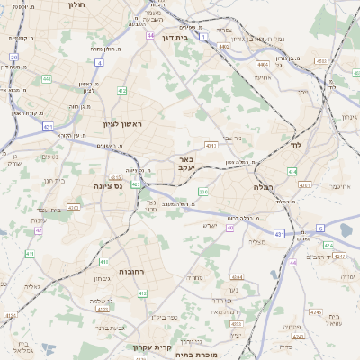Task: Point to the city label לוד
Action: pos(296,143)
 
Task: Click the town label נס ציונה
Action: pos(107,185)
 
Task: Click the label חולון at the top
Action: pos(77,4)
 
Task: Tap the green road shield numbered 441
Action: pos(46,79)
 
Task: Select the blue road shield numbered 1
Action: pos(204,36)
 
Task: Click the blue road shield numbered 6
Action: pos(319,229)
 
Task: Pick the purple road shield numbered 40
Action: pos(230,228)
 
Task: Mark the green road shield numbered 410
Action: pos(74,207)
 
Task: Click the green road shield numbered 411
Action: pos(30,254)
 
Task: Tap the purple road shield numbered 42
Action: pos(39,231)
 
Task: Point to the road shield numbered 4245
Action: pos(314,311)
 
